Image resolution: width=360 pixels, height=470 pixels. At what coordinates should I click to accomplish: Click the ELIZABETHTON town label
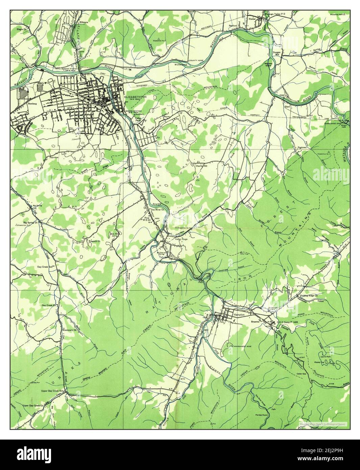[x=135, y=97]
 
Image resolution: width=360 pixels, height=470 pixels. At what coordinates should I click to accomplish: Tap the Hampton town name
[x=238, y=314]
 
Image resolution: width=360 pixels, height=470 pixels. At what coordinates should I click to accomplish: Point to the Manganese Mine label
[x=244, y=346]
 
